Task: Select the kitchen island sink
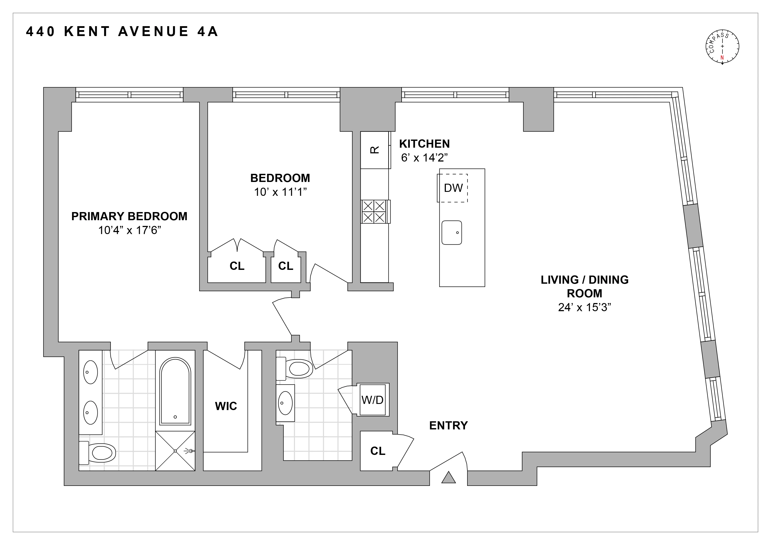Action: click(452, 232)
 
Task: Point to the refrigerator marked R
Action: click(375, 150)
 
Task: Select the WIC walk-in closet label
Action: click(226, 406)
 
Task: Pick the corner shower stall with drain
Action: click(175, 451)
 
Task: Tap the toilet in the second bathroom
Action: click(295, 369)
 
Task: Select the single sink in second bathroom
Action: click(285, 403)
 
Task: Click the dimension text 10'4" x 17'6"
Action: click(130, 231)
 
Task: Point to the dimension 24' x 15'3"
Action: click(584, 307)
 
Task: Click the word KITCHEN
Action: click(424, 144)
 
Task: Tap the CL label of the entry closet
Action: click(377, 451)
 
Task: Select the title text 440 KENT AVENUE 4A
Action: click(122, 32)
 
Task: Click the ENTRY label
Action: click(448, 425)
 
